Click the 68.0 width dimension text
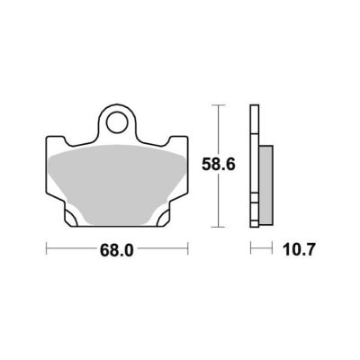click(117, 250)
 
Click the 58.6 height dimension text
click(218, 165)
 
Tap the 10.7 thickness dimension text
click(299, 250)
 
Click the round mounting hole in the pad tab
click(117, 122)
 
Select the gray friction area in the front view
click(117, 183)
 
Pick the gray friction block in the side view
click(265, 185)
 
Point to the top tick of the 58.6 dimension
click(218, 105)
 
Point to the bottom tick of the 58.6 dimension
click(218, 227)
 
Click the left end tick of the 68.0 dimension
click(47, 248)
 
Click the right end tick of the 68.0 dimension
click(188, 248)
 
